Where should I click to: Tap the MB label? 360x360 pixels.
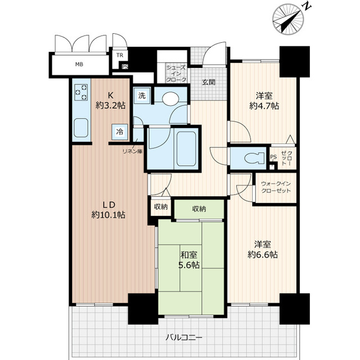80,64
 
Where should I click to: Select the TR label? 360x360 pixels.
119,55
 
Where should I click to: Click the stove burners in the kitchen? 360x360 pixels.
82,92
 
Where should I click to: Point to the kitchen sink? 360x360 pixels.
81,128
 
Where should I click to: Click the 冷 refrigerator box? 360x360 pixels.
120,132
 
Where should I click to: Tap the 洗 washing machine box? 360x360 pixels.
142,96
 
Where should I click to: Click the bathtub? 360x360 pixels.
185,147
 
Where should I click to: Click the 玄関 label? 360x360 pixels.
208,82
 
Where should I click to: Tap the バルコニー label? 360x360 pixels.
184,337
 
